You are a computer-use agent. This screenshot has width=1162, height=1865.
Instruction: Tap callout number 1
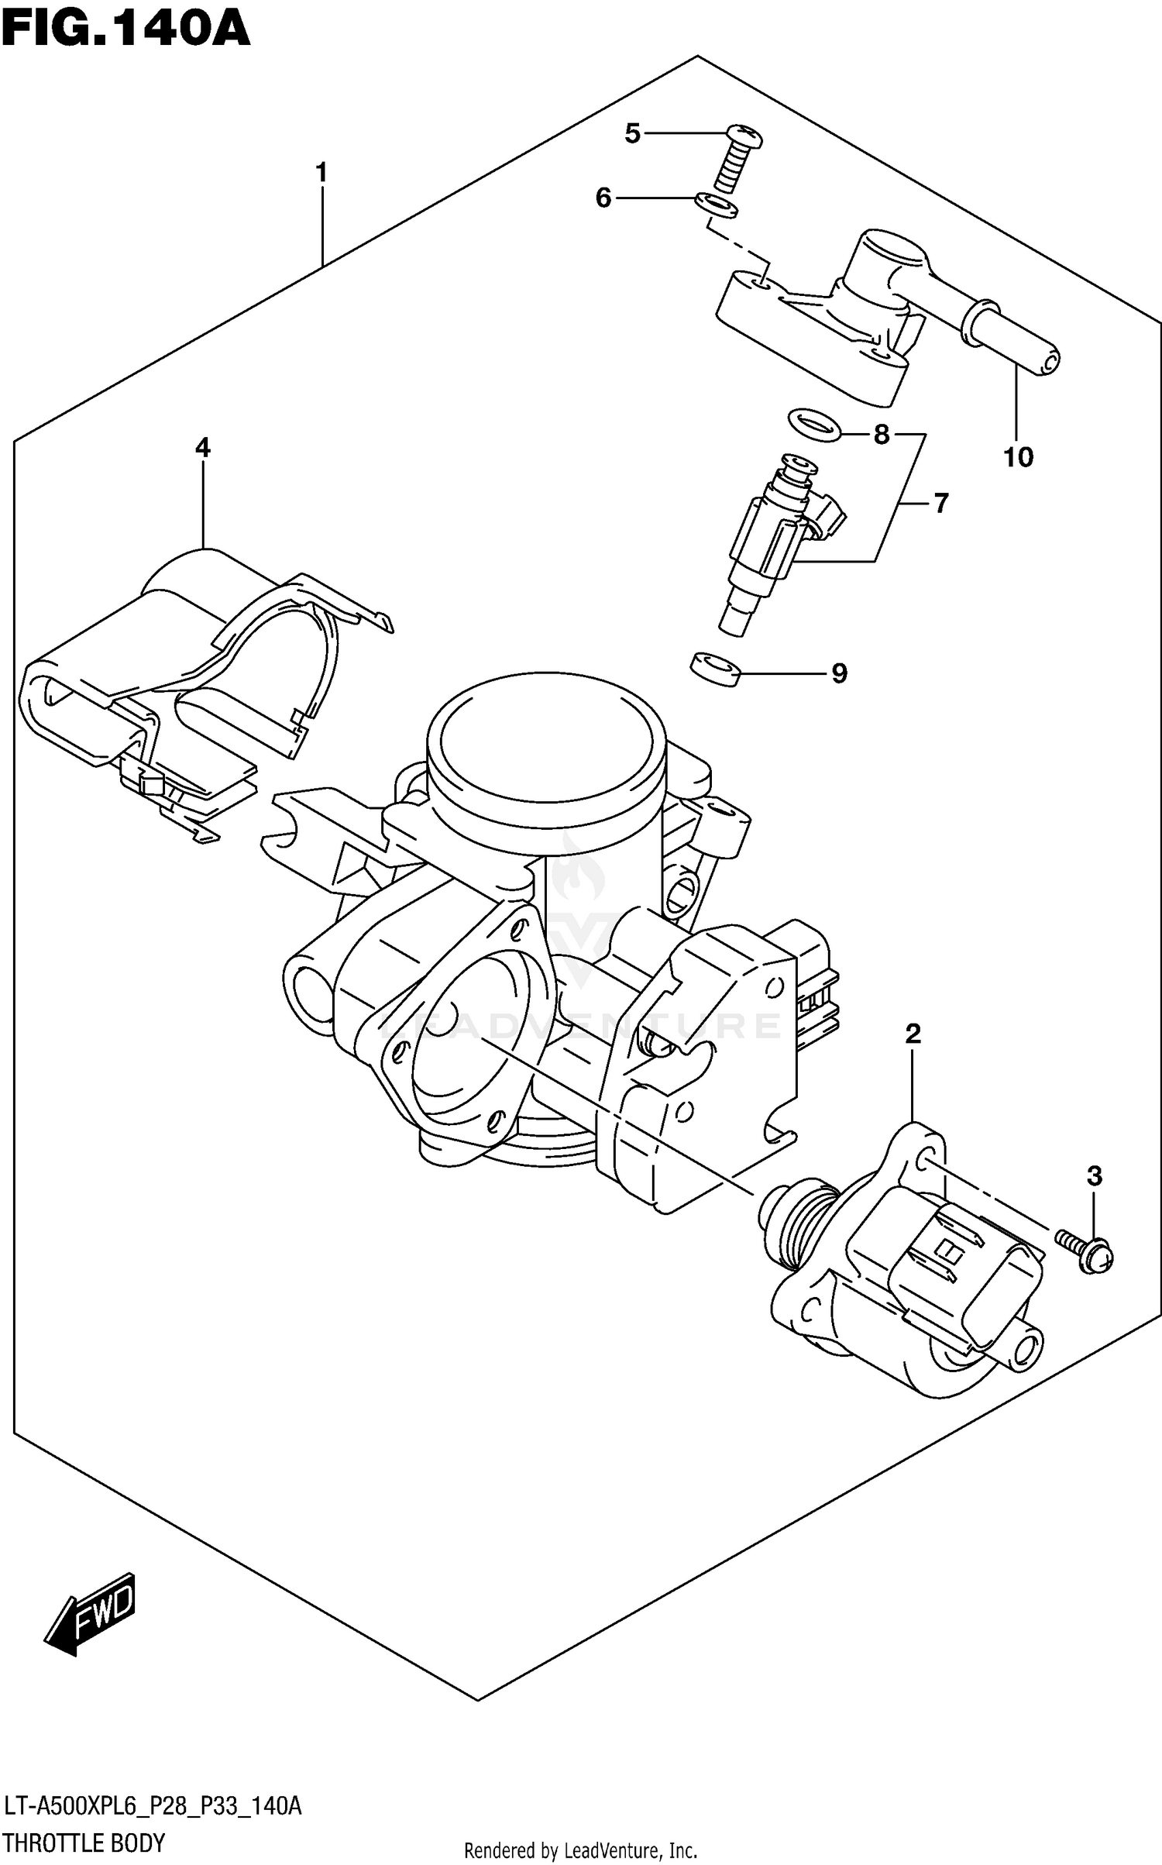coord(321,173)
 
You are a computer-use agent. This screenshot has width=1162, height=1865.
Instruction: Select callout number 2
coord(913,1033)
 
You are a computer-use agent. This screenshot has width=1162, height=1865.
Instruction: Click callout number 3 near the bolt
coord(1094,1176)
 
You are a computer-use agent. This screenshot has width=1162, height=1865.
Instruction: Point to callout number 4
coord(202,447)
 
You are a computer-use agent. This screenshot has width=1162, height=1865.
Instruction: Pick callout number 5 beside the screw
coord(632,134)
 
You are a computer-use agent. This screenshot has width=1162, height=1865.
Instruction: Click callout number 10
coord(1019,457)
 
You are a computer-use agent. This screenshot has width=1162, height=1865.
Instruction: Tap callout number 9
coord(839,673)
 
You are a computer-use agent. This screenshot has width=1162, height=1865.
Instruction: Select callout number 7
coord(940,504)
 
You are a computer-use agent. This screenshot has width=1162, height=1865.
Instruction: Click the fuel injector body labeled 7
coord(767,542)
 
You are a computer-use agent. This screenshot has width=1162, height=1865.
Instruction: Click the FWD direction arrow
coord(92,1616)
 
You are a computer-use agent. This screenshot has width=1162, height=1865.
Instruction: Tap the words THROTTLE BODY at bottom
coord(84,1843)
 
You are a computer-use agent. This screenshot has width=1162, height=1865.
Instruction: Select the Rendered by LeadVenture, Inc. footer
coord(580,1851)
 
